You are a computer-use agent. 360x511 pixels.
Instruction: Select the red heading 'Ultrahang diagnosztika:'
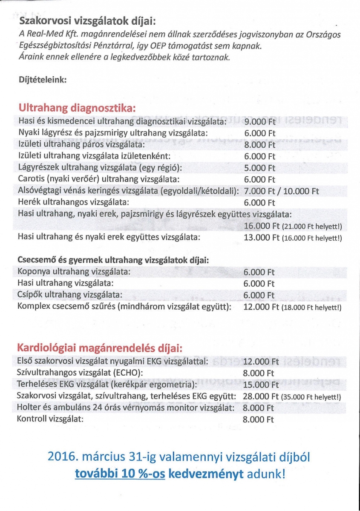tap(77, 108)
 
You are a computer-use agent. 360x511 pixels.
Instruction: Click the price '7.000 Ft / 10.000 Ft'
tap(281, 191)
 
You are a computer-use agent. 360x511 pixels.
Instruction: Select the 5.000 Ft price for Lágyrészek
tap(260, 168)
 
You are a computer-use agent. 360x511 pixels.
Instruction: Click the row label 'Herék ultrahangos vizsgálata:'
tap(73, 202)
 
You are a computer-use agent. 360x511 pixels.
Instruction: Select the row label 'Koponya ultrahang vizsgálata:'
tap(74, 272)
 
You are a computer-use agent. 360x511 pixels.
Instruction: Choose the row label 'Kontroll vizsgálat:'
tap(50, 419)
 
